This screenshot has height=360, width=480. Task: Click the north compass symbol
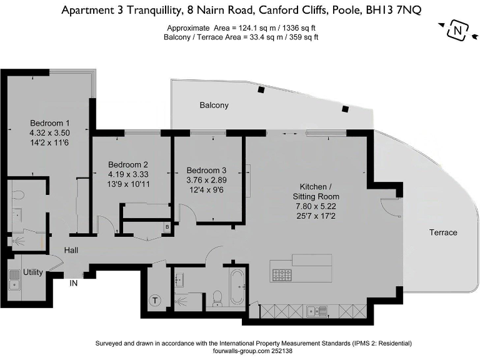pyautogui.click(x=458, y=29)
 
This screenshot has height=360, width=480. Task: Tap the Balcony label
pyautogui.click(x=214, y=106)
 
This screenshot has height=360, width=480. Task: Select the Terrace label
pyautogui.click(x=442, y=232)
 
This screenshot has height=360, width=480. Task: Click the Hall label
pyautogui.click(x=71, y=251)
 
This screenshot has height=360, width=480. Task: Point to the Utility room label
pyautogui.click(x=32, y=273)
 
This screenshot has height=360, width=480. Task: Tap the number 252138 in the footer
pyautogui.click(x=279, y=352)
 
